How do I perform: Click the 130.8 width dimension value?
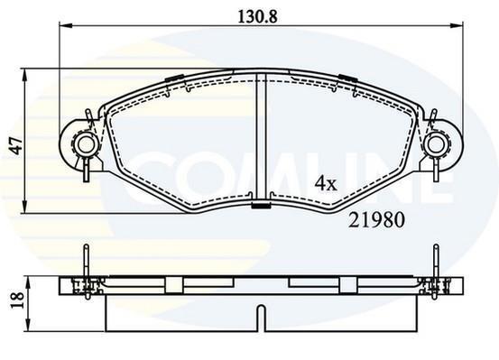tap(258, 16)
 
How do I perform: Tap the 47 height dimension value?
tap(16, 145)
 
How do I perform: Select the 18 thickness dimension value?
tap(17, 300)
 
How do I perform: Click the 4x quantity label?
tap(325, 184)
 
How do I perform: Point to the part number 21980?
tap(376, 220)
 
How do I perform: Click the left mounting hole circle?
tap(85, 145)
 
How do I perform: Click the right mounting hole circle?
tap(436, 145)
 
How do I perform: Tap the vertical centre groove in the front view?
tap(261, 138)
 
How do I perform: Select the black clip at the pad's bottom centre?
tap(261, 206)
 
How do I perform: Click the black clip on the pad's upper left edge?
tap(174, 78)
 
